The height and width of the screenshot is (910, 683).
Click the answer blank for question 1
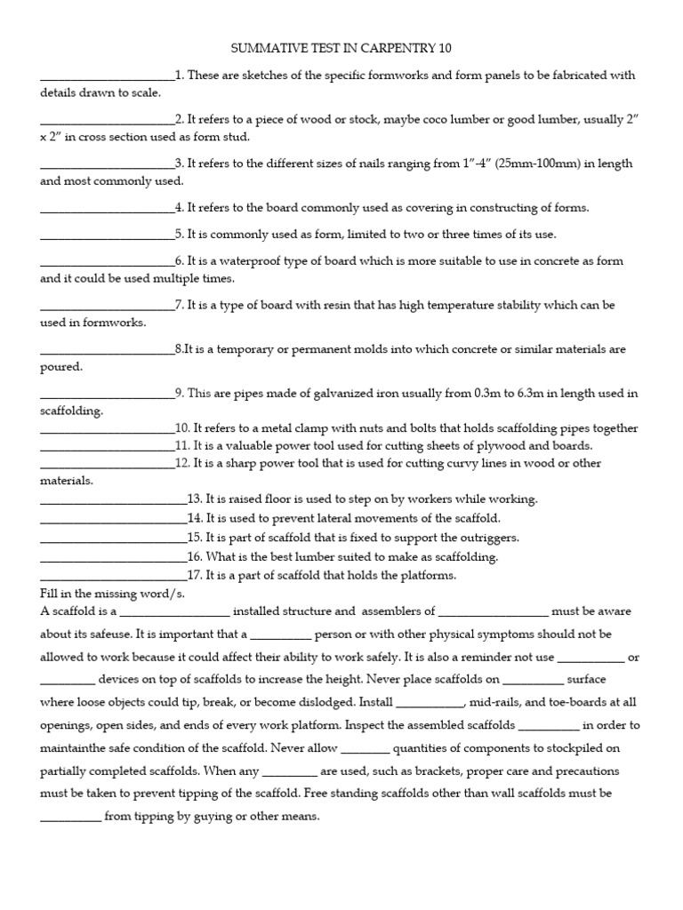108,76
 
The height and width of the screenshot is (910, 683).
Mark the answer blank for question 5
108,235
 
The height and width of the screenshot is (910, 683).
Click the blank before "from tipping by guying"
71,817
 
